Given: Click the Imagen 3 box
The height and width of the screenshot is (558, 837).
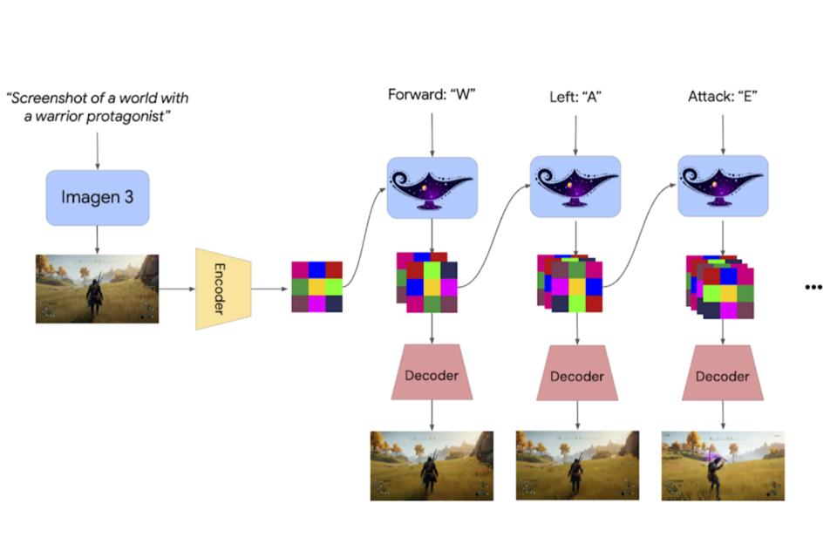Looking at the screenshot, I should click(x=97, y=197).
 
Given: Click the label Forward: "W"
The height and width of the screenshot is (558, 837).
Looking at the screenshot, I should click(x=431, y=95).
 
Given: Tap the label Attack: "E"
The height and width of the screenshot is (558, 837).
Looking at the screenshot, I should click(x=722, y=95).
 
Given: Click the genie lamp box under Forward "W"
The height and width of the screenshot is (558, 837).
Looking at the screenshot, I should click(x=432, y=187).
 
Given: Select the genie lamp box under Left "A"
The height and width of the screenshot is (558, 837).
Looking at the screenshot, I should click(x=575, y=187).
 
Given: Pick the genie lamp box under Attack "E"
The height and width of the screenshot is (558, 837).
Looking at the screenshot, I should click(x=723, y=187).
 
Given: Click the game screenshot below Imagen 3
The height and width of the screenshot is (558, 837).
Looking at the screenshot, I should click(x=97, y=289).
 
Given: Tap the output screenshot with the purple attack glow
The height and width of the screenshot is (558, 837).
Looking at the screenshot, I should click(x=723, y=465).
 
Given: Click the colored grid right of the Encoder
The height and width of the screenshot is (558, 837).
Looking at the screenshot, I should click(x=316, y=286).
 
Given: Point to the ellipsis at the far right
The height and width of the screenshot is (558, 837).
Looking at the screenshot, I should click(x=813, y=287).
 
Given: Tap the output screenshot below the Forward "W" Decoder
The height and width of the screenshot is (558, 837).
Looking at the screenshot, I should click(x=432, y=465).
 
